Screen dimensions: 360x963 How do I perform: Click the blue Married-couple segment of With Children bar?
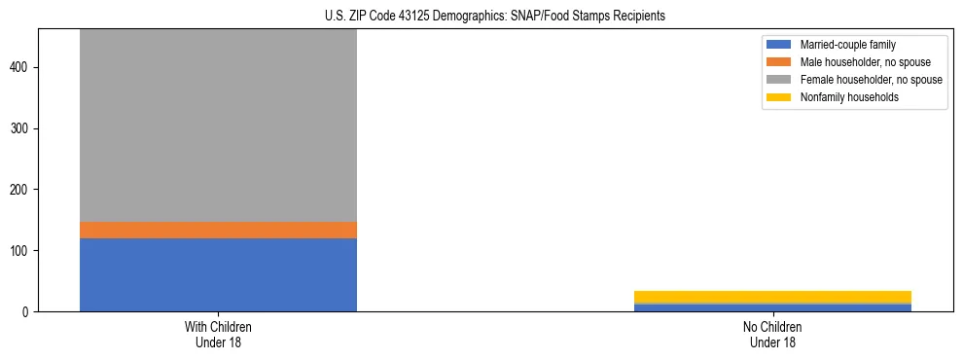coord(218,274)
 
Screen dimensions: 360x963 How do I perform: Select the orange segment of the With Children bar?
coord(218,230)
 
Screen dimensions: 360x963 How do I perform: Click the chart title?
coord(481,16)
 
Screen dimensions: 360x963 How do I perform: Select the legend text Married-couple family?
coord(847,45)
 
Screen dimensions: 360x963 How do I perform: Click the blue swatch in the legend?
coord(779,45)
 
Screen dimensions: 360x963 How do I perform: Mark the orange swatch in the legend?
coord(779,62)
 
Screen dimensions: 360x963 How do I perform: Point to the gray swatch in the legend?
coord(779,80)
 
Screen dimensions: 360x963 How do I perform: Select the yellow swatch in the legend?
coord(779,97)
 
